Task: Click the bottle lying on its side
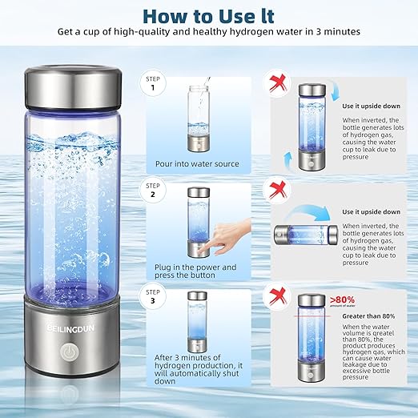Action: [304, 234]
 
